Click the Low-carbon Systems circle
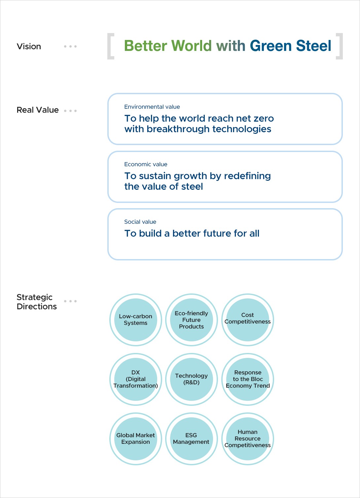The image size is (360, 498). (135, 320)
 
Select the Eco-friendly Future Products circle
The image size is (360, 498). (191, 320)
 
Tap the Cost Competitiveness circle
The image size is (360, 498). (248, 320)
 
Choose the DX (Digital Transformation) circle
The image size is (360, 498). (135, 379)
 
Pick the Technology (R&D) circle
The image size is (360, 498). (191, 379)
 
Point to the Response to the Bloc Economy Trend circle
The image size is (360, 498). (248, 379)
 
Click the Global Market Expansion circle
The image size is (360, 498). (135, 439)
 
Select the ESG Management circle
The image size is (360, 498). (191, 439)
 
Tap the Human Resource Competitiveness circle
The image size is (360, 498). (248, 439)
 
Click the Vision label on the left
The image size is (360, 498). (29, 47)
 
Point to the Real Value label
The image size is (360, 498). (38, 110)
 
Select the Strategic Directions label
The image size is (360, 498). (37, 302)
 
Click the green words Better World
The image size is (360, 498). (168, 46)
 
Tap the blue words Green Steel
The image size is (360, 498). (290, 46)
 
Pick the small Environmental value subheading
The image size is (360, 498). (152, 107)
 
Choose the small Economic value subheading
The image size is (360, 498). (146, 164)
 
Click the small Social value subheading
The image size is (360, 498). (140, 222)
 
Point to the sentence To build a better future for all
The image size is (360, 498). (192, 233)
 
